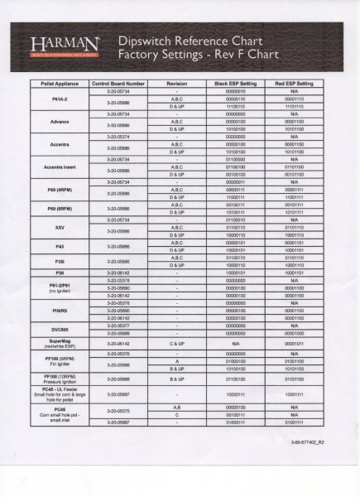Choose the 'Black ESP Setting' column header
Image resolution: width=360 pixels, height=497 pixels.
236,84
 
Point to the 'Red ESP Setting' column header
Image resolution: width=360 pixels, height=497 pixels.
294,84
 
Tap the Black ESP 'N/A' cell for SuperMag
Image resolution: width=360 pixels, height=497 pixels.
236,342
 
